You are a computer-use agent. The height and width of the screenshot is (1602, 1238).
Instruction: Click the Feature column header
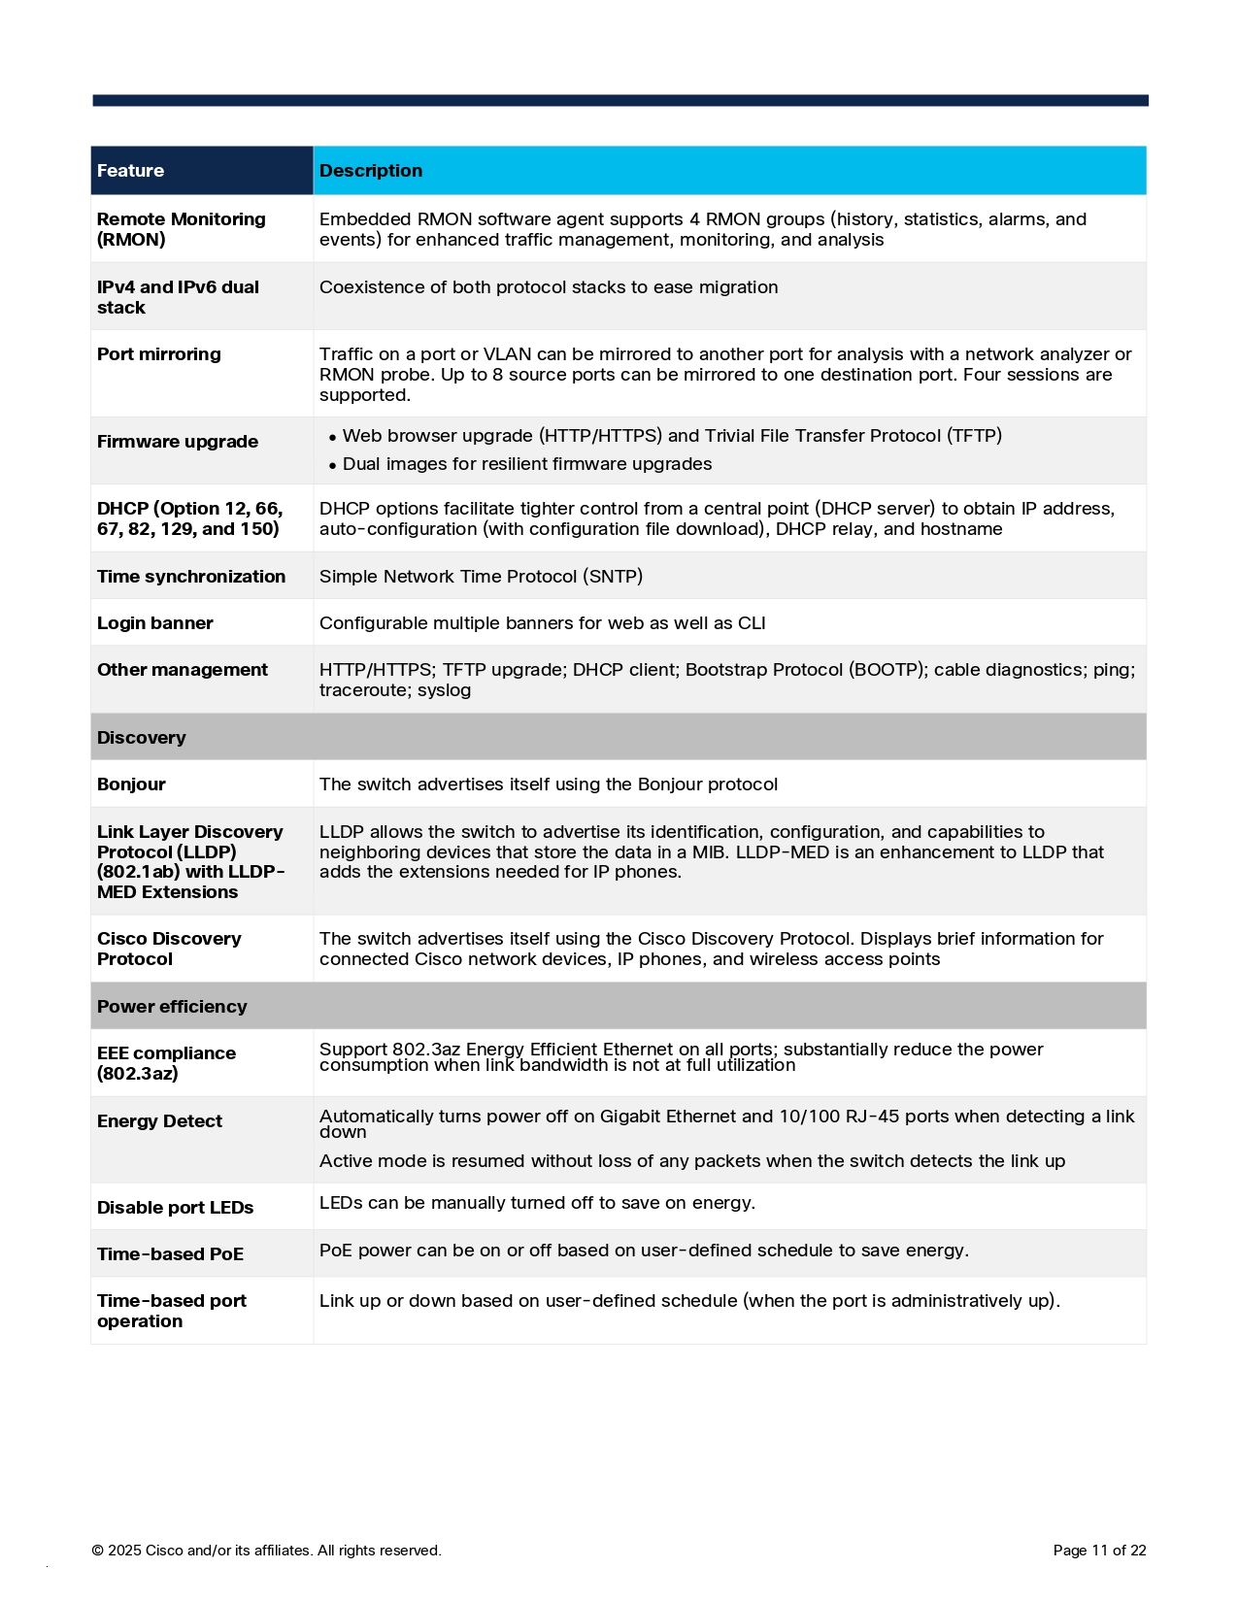pyautogui.click(x=130, y=171)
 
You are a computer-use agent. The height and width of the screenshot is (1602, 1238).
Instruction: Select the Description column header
pyautogui.click(x=371, y=171)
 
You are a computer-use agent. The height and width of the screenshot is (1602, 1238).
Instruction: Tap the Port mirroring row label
pyautogui.click(x=158, y=354)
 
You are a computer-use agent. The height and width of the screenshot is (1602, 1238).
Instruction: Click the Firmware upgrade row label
pyautogui.click(x=177, y=442)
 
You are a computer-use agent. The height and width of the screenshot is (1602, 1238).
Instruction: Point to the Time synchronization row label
pyautogui.click(x=190, y=577)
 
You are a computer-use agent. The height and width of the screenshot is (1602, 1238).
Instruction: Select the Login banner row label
pyautogui.click(x=154, y=623)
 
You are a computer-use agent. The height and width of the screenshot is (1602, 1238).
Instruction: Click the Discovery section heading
pyautogui.click(x=141, y=738)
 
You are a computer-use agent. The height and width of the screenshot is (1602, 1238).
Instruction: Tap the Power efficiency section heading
pyautogui.click(x=172, y=1007)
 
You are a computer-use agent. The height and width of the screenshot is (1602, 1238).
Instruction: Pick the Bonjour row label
pyautogui.click(x=131, y=784)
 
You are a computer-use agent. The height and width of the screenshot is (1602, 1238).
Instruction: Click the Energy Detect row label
pyautogui.click(x=159, y=1121)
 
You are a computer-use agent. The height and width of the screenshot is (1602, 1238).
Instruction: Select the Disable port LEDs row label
pyautogui.click(x=175, y=1208)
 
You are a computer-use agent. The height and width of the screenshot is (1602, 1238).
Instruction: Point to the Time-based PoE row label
pyautogui.click(x=170, y=1254)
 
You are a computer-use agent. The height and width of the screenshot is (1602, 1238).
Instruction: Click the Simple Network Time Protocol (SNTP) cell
pyautogui.click(x=481, y=577)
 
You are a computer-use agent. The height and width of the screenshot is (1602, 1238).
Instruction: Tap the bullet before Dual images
pyautogui.click(x=333, y=466)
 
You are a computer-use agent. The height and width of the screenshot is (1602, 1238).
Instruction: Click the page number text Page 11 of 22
pyautogui.click(x=1099, y=1551)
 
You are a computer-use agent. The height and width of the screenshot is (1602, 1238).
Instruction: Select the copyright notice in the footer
pyautogui.click(x=266, y=1551)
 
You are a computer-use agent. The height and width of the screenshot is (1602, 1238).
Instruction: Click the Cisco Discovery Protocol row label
pyautogui.click(x=168, y=949)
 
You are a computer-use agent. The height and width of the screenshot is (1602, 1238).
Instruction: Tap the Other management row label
pyautogui.click(x=182, y=670)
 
